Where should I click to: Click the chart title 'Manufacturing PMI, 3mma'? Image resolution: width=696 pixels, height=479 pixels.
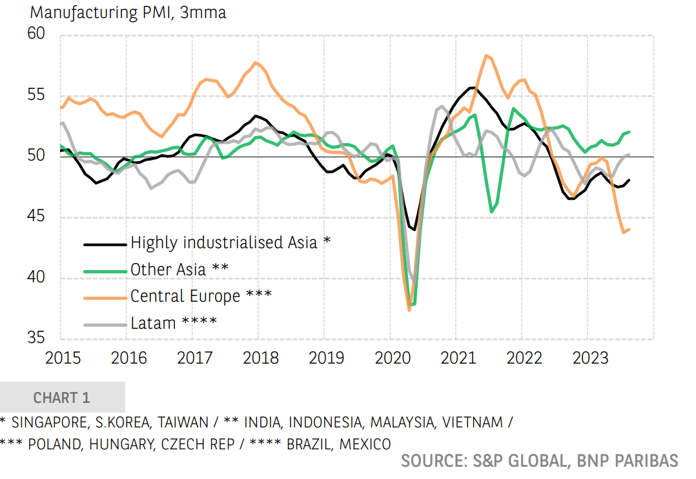point(128,13)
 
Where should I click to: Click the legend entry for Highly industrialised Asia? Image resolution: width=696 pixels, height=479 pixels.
point(230,243)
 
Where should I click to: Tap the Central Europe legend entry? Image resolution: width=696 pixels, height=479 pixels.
point(201,296)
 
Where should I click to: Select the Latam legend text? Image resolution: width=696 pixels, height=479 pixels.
point(174,322)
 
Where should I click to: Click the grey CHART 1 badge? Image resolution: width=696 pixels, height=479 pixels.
point(62,397)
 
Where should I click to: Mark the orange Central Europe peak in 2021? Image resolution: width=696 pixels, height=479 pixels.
point(486,55)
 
